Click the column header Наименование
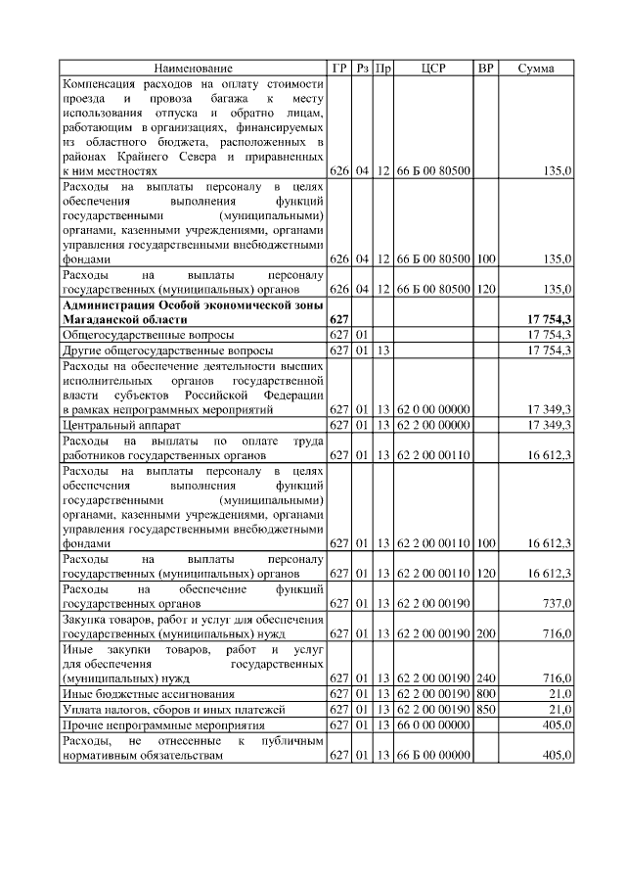(x=194, y=69)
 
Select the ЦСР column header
(x=433, y=69)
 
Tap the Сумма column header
(x=536, y=69)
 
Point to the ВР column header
(x=485, y=69)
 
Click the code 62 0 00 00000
(x=433, y=409)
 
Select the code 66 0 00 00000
(x=433, y=724)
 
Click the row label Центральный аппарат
(x=115, y=424)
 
